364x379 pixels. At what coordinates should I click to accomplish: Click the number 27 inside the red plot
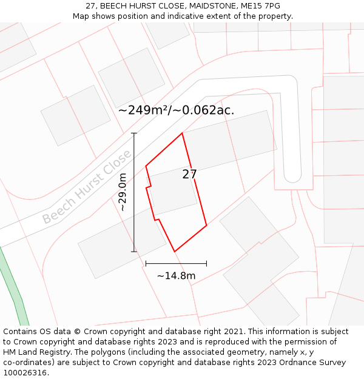pos(189,175)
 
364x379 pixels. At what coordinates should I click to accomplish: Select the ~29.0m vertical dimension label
pos(123,192)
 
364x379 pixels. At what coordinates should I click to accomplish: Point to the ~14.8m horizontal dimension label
pos(176,276)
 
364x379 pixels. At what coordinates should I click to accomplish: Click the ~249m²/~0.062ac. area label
pos(176,110)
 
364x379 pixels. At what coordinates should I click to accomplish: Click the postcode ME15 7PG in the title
pos(260,5)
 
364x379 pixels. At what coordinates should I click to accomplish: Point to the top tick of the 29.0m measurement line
pos(134,133)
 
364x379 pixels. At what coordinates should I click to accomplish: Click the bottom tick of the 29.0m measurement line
pos(134,251)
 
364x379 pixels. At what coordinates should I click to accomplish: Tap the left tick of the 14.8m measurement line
pos(146,263)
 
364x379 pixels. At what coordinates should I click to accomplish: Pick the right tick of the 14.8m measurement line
pos(206,263)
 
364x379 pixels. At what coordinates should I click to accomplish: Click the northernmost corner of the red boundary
pos(182,133)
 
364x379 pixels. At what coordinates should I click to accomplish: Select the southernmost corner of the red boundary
pos(175,251)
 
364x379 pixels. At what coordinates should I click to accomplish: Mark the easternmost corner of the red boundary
pos(206,226)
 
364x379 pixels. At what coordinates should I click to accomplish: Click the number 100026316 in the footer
pos(24,373)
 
